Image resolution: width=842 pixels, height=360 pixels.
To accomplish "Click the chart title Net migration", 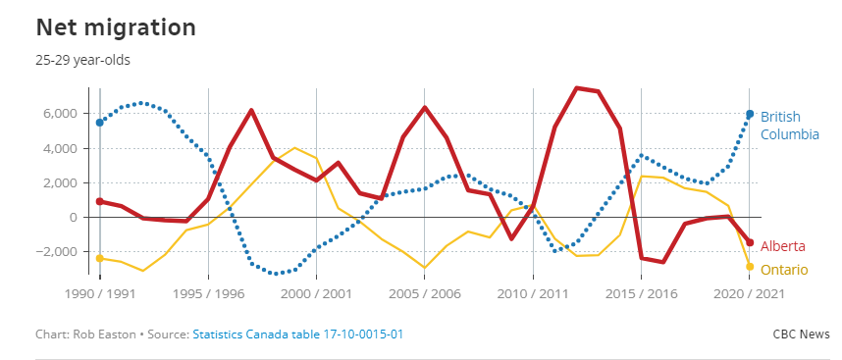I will pyautogui.click(x=115, y=26).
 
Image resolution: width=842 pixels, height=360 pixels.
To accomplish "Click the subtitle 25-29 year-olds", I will pyautogui.click(x=82, y=60).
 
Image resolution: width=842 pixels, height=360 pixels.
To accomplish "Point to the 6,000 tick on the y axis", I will pyautogui.click(x=58, y=114).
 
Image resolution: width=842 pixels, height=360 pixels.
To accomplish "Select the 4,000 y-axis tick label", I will pyautogui.click(x=58, y=148).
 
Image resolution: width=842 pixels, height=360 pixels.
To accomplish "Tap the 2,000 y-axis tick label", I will pyautogui.click(x=58, y=182).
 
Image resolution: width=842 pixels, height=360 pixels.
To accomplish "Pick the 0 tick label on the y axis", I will pyautogui.click(x=72, y=217).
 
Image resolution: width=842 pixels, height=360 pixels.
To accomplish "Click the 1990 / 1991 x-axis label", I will pyautogui.click(x=99, y=293).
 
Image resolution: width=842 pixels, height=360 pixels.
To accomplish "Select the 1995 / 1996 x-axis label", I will pyautogui.click(x=207, y=293).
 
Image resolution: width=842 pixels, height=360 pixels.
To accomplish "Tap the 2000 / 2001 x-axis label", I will pyautogui.click(x=315, y=293).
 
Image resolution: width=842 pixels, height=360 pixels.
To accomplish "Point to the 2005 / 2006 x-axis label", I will pyautogui.click(x=424, y=293).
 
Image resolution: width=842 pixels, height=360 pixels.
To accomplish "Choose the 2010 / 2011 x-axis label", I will pyautogui.click(x=532, y=293).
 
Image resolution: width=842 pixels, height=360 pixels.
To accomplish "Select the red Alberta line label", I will pyautogui.click(x=783, y=244).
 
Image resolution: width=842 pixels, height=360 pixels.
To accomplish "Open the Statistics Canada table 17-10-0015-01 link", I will pyautogui.click(x=297, y=334).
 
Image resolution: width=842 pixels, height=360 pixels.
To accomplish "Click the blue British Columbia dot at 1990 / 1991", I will pyautogui.click(x=99, y=122).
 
